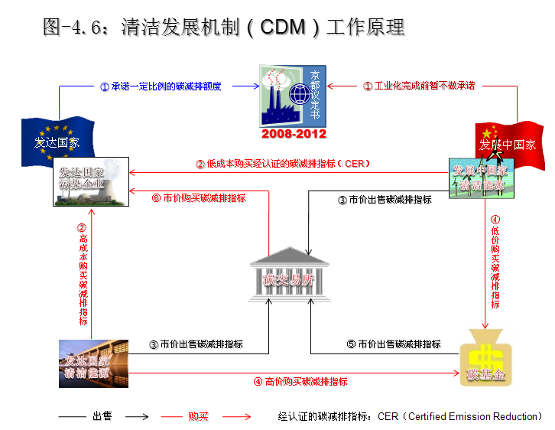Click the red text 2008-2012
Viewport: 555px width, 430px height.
click(294, 134)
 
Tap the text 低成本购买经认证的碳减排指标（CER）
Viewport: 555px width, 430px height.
click(284, 164)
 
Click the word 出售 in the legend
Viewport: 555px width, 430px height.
click(102, 417)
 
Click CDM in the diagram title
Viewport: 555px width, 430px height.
click(285, 28)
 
